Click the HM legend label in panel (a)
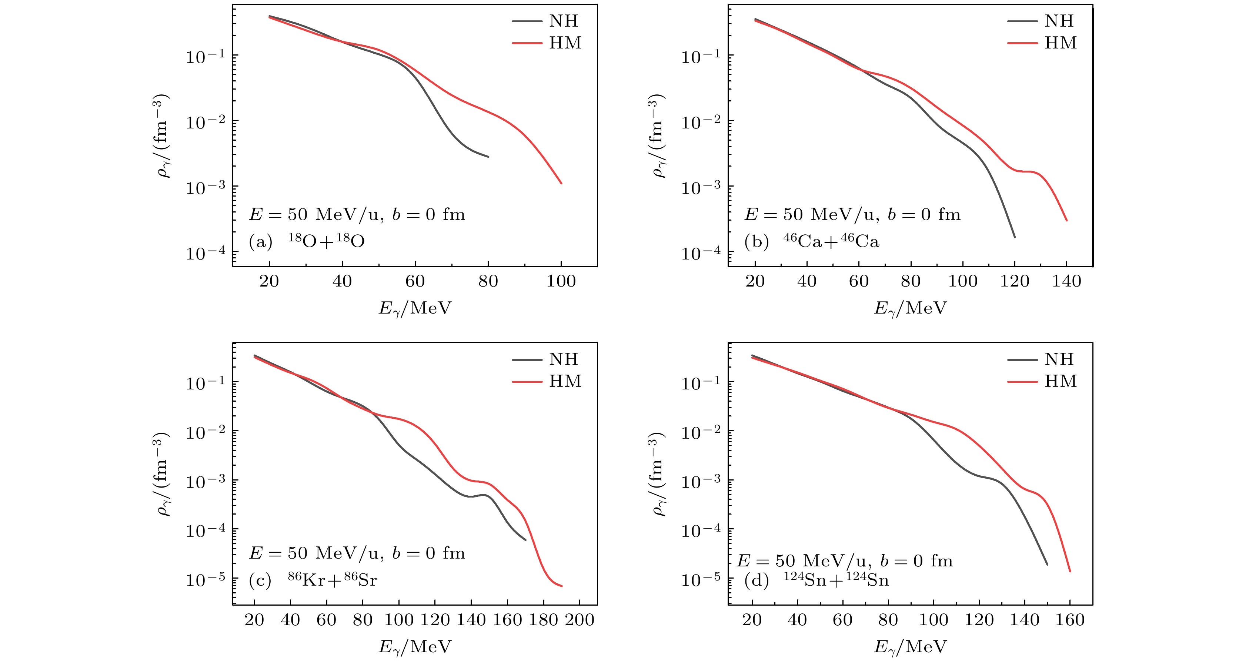point(565,43)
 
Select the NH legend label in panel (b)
point(1059,21)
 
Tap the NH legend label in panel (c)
point(564,359)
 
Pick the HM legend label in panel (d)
point(1060,381)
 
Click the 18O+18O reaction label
point(326,240)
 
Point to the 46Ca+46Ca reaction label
point(831,240)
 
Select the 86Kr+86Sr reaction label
point(332,579)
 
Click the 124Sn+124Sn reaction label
point(836,579)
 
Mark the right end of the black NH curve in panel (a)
point(488,157)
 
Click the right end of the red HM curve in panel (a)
point(561,183)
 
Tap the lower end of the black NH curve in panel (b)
point(1014,237)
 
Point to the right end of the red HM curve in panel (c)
point(561,586)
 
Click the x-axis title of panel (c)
point(415,647)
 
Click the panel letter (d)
point(756,580)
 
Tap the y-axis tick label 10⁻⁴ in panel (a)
point(206,252)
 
